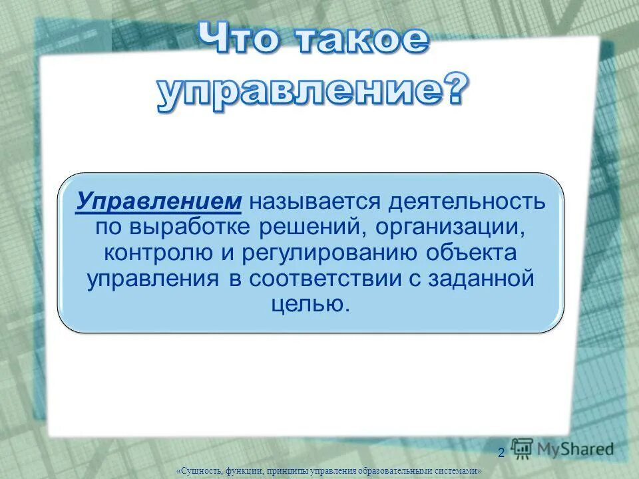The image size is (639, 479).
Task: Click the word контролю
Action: (155, 253)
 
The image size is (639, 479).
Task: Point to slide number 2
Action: (501, 453)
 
